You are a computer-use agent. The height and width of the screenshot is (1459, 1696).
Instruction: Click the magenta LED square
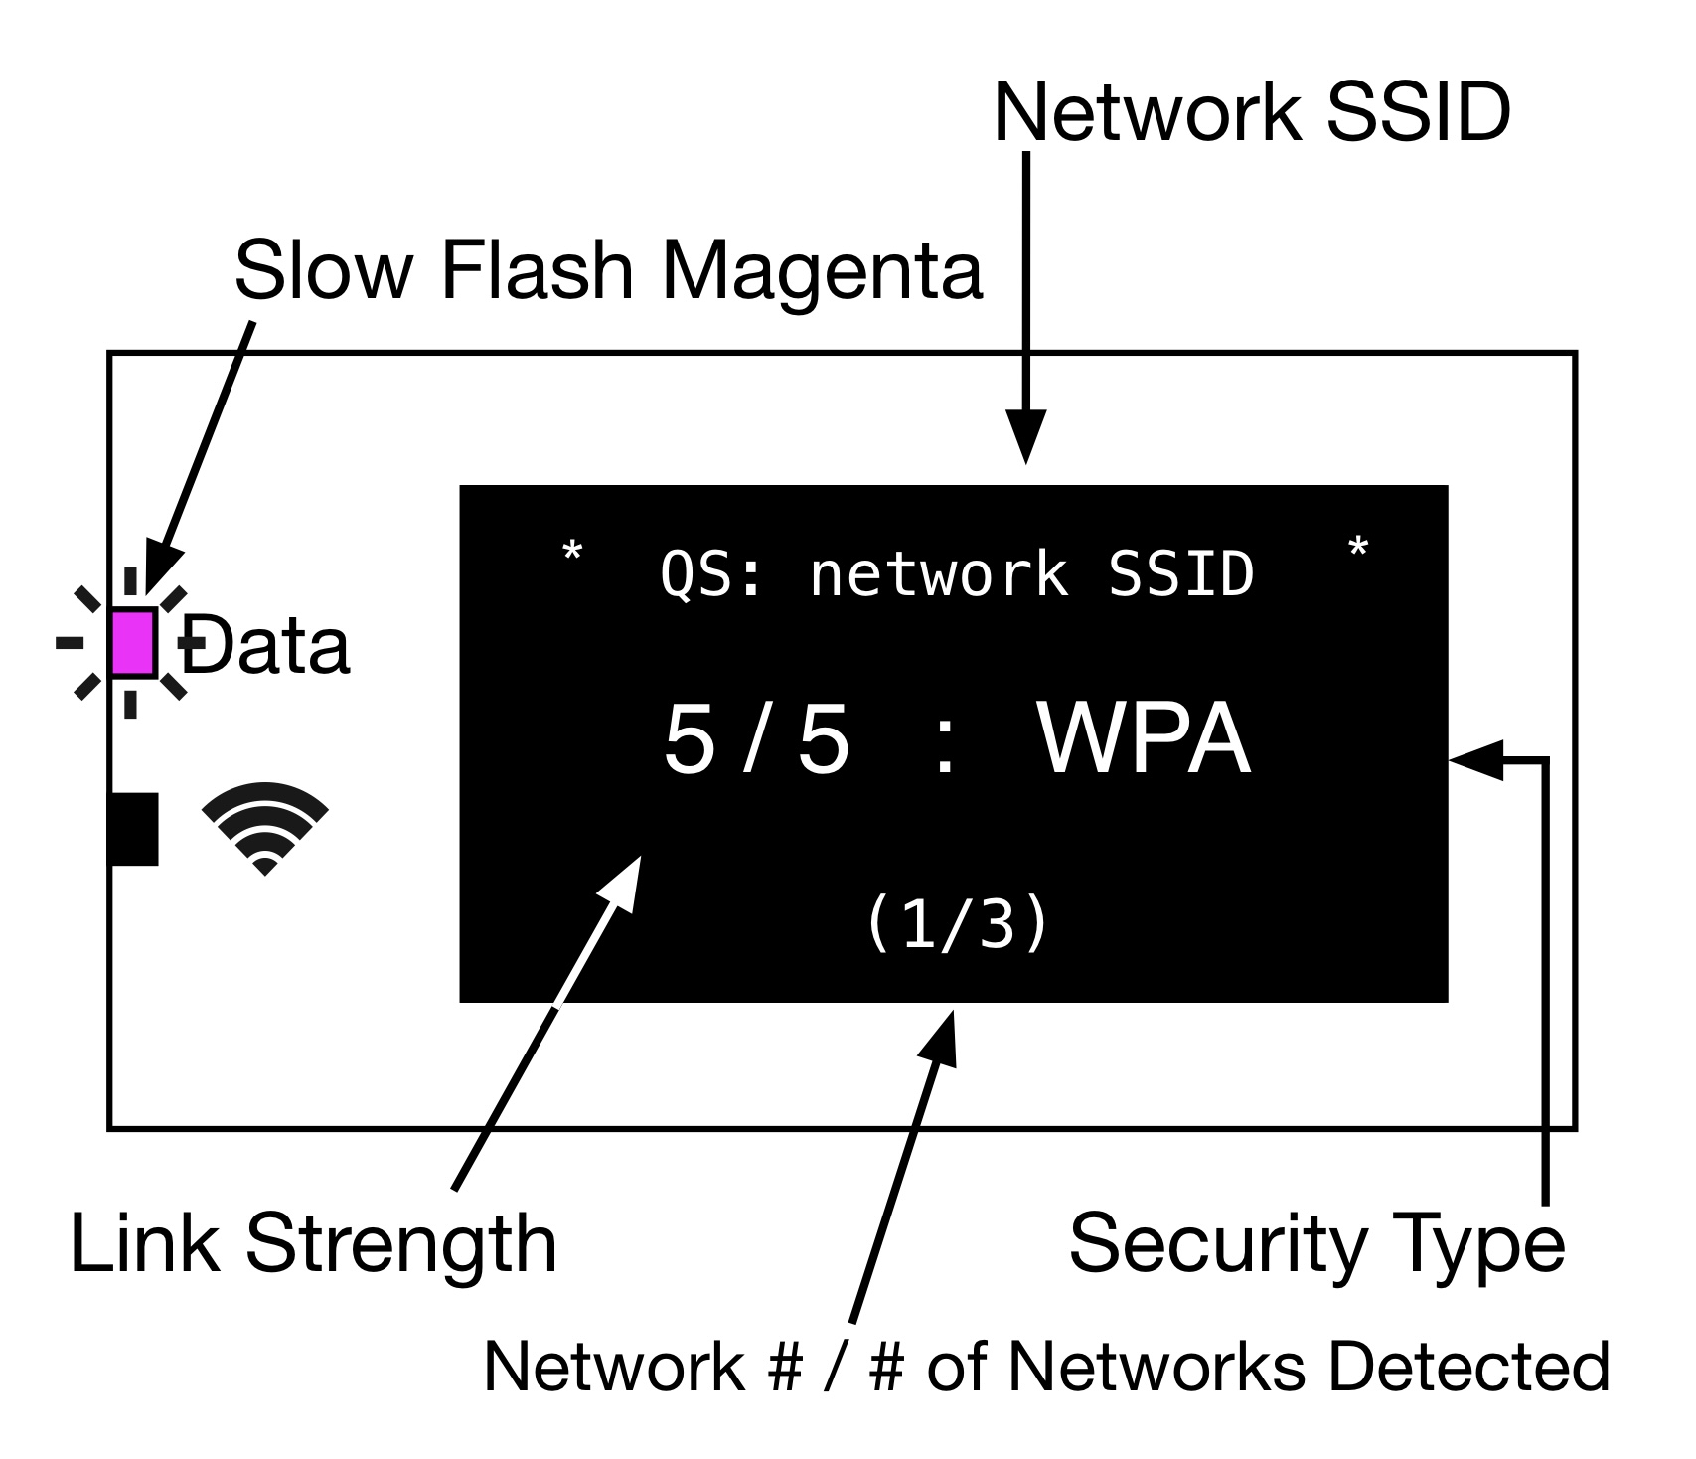point(133,643)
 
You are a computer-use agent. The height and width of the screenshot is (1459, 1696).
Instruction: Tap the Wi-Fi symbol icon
point(264,827)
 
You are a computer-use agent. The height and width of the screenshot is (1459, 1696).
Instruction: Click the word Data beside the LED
point(266,647)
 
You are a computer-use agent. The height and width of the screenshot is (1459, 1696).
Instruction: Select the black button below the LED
point(133,828)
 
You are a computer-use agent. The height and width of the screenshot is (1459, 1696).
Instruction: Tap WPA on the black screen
point(1144,739)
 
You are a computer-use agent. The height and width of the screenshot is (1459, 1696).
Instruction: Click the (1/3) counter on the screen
point(958,923)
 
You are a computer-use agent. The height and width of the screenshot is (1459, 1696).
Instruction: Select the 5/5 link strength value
point(756,739)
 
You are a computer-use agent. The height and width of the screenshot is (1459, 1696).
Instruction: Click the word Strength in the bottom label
point(401,1243)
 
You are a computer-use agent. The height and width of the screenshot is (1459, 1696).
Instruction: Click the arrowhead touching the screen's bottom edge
point(940,1037)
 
